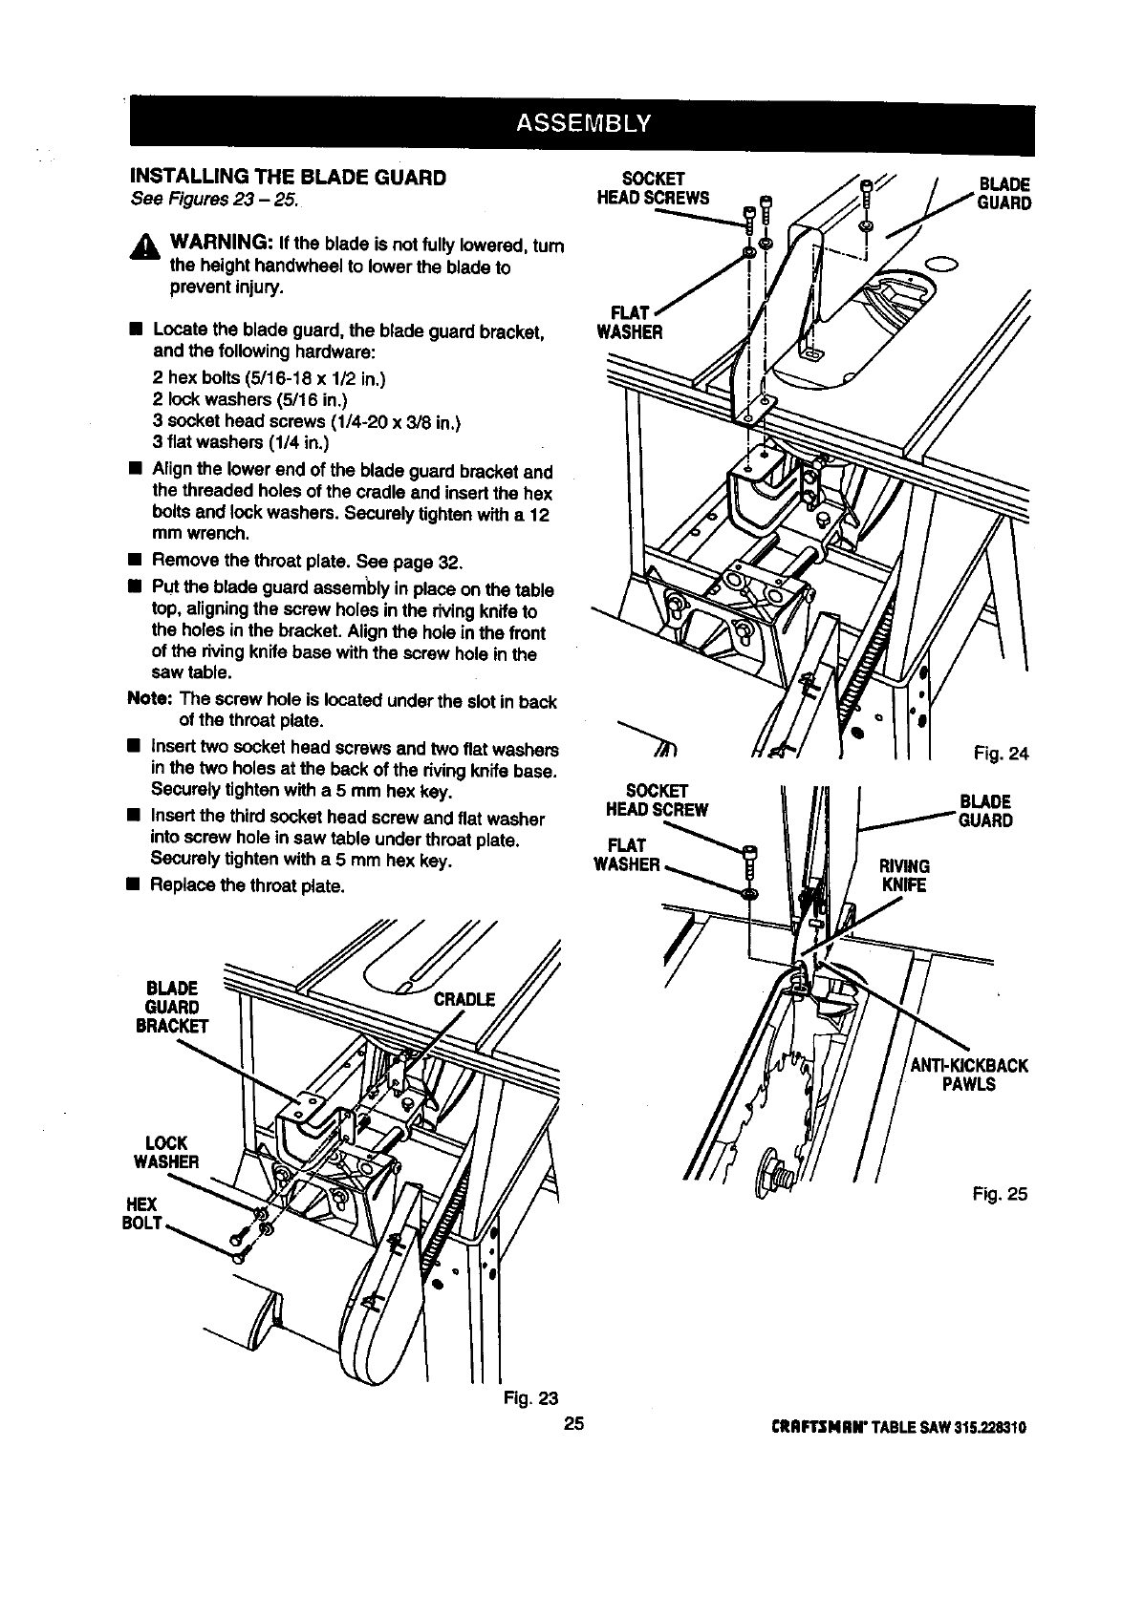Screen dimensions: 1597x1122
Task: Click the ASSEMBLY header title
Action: click(x=582, y=124)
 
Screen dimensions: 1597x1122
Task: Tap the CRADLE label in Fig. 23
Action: click(x=464, y=1000)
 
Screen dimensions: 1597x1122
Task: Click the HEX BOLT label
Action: click(x=142, y=1213)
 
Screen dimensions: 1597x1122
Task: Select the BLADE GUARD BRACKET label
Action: click(x=172, y=1007)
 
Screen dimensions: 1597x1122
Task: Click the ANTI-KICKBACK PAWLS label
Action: click(x=968, y=1075)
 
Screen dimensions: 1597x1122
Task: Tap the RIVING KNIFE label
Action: click(x=904, y=875)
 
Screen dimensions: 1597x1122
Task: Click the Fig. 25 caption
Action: click(x=1000, y=1193)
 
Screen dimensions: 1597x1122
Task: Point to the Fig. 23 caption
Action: click(x=530, y=1399)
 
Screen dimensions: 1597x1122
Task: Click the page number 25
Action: click(x=572, y=1426)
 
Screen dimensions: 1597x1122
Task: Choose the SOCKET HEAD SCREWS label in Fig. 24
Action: click(x=653, y=188)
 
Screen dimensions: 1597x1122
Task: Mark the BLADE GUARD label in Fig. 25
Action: click(x=985, y=811)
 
